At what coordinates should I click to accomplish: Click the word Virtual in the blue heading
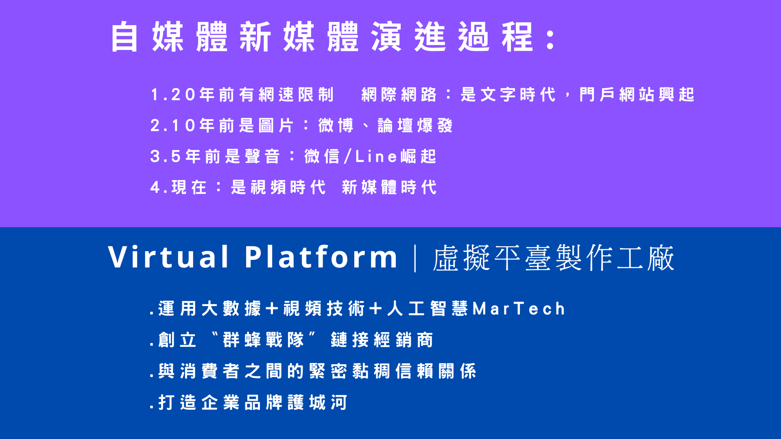point(168,257)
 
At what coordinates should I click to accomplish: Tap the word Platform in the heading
point(321,257)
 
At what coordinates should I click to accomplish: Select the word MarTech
point(519,309)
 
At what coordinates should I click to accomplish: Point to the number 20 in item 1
point(183,95)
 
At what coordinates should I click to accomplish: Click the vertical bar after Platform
point(415,258)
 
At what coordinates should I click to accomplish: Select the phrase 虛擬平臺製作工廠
point(554,258)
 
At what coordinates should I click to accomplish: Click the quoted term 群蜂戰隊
point(264,340)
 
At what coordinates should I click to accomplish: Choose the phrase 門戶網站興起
point(637,95)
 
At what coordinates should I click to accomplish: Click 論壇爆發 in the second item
point(415,126)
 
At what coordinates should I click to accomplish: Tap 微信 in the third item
point(322,156)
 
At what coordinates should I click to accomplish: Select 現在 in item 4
point(189,187)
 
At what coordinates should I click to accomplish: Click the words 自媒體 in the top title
point(169,37)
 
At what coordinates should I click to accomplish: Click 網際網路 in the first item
point(399,95)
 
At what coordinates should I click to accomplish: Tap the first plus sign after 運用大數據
point(272,309)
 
